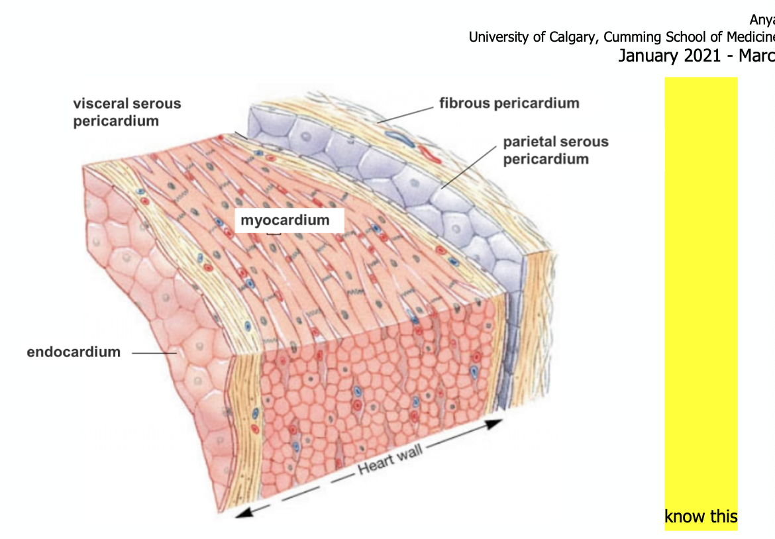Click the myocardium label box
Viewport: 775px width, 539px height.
(x=285, y=220)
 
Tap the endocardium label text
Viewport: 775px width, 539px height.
(x=74, y=352)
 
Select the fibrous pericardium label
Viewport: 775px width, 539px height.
(x=509, y=103)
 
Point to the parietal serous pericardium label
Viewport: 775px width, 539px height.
(x=555, y=150)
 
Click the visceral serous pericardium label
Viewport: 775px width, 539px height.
(x=127, y=112)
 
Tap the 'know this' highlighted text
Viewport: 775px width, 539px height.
(x=701, y=516)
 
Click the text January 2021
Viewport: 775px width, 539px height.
(x=668, y=56)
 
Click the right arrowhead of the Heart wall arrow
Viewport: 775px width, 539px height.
(x=493, y=423)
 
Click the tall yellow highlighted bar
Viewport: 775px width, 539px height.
(x=701, y=291)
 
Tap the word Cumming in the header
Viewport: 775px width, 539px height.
(x=635, y=37)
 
